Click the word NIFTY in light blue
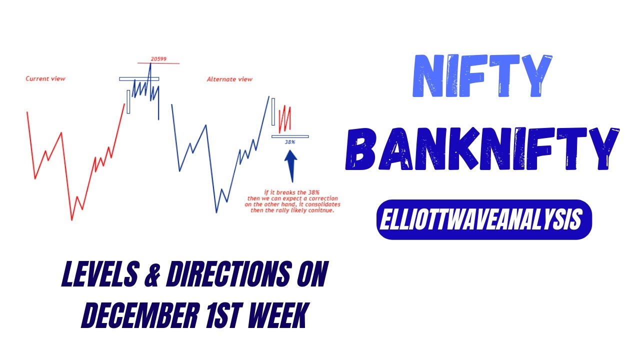pos(482,76)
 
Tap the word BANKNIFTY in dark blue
pos(482,148)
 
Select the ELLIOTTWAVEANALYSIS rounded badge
pos(484,220)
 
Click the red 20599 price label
pos(158,59)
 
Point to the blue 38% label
pos(290,142)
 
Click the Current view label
pos(45,79)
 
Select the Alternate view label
pos(229,79)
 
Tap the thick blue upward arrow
pos(291,166)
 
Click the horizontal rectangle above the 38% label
pos(290,136)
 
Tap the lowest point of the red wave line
pos(72,220)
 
